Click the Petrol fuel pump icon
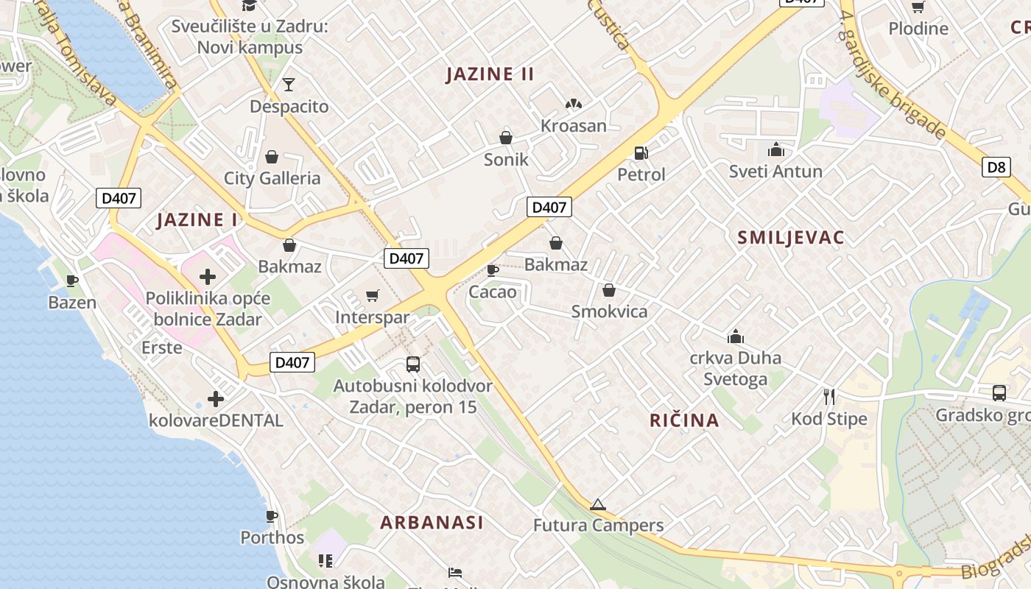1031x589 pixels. (641, 153)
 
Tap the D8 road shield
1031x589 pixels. (996, 167)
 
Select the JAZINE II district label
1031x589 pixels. (490, 74)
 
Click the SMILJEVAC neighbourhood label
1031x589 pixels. (790, 237)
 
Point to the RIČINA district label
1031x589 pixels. (684, 420)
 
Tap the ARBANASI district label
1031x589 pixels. (432, 522)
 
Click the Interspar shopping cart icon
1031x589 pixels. (373, 295)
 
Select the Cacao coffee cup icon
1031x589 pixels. (493, 270)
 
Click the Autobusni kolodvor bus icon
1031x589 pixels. (413, 364)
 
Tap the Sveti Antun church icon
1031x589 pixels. (775, 150)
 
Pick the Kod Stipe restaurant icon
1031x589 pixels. (829, 397)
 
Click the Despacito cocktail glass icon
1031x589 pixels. (289, 85)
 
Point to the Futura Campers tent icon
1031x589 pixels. (597, 504)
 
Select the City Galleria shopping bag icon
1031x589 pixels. (272, 156)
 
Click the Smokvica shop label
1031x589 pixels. (609, 311)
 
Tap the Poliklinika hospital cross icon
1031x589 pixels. (208, 277)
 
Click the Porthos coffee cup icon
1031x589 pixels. (272, 516)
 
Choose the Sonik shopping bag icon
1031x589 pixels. (506, 137)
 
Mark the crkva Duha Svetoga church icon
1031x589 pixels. (735, 336)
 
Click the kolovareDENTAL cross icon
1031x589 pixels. (215, 399)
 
